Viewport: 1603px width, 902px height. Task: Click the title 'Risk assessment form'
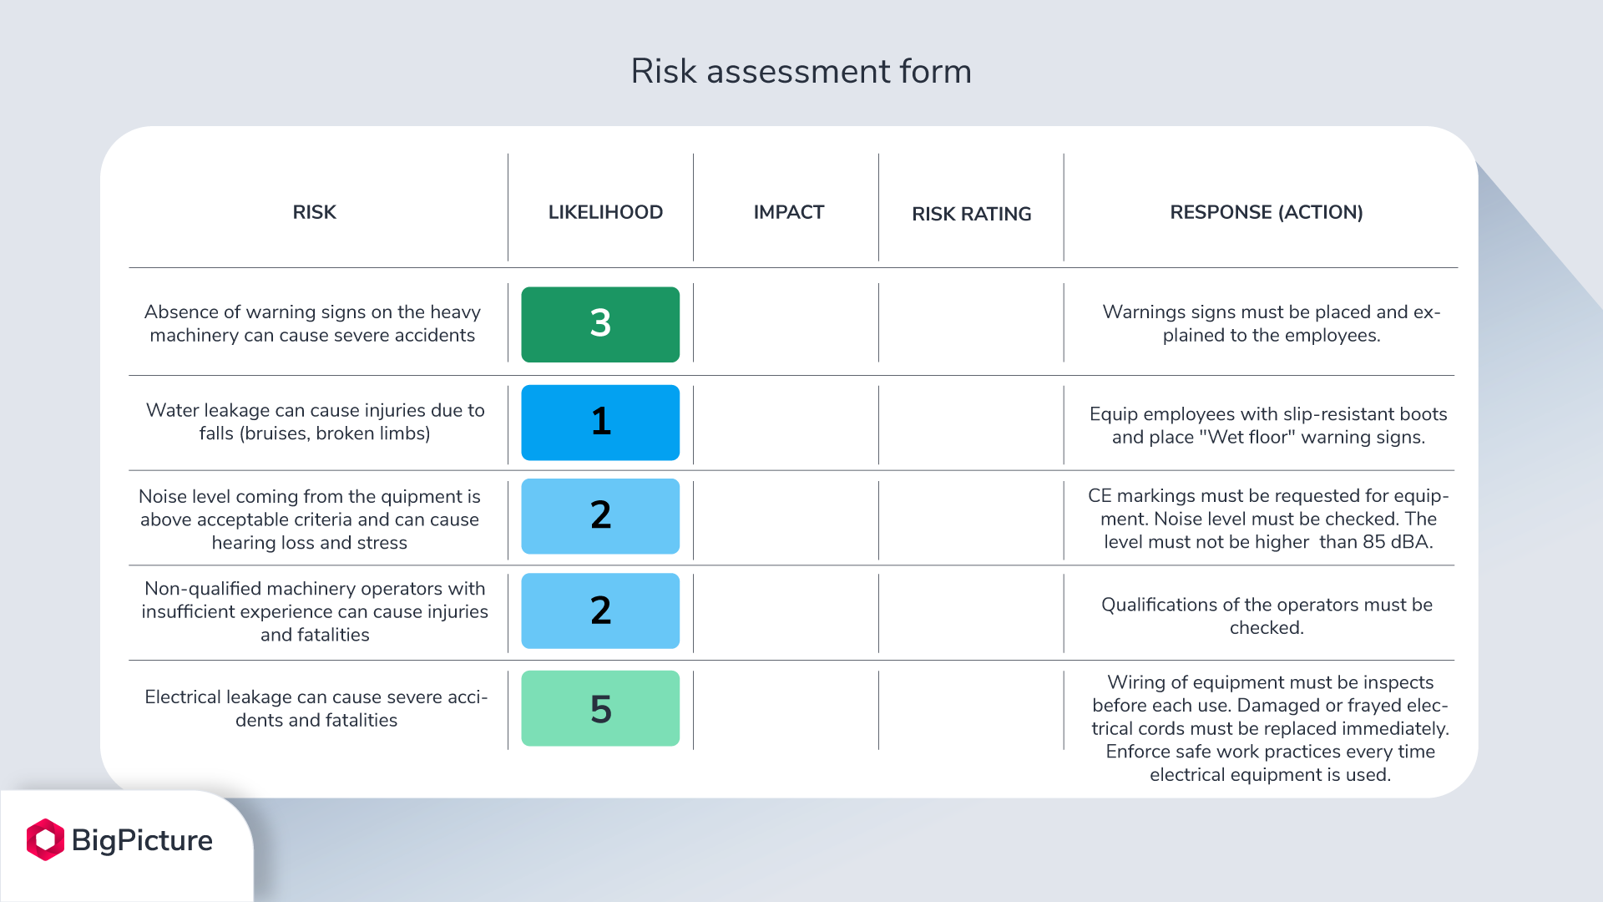coord(801,72)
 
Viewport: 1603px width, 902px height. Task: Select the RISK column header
coord(314,212)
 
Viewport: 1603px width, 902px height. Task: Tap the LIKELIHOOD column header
coord(605,212)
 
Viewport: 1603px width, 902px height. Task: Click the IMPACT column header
coord(788,212)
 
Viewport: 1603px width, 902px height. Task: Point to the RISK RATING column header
coord(971,214)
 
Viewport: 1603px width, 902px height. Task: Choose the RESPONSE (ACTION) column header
coord(1266,212)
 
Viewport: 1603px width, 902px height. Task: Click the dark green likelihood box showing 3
coord(600,324)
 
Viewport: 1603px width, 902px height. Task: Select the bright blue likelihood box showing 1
coord(600,422)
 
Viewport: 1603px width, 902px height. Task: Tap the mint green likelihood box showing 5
coord(600,708)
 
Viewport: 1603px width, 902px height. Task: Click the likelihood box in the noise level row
coord(600,516)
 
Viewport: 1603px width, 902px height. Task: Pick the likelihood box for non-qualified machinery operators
coord(600,611)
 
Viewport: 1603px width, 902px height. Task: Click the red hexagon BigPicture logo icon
coord(45,839)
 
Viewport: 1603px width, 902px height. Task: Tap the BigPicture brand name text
coord(142,840)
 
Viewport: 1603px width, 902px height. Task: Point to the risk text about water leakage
coord(315,422)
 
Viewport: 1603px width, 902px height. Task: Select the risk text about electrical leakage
coord(316,708)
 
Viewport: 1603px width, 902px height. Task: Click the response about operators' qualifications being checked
coord(1267,616)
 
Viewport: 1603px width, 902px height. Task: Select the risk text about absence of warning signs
coord(312,323)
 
